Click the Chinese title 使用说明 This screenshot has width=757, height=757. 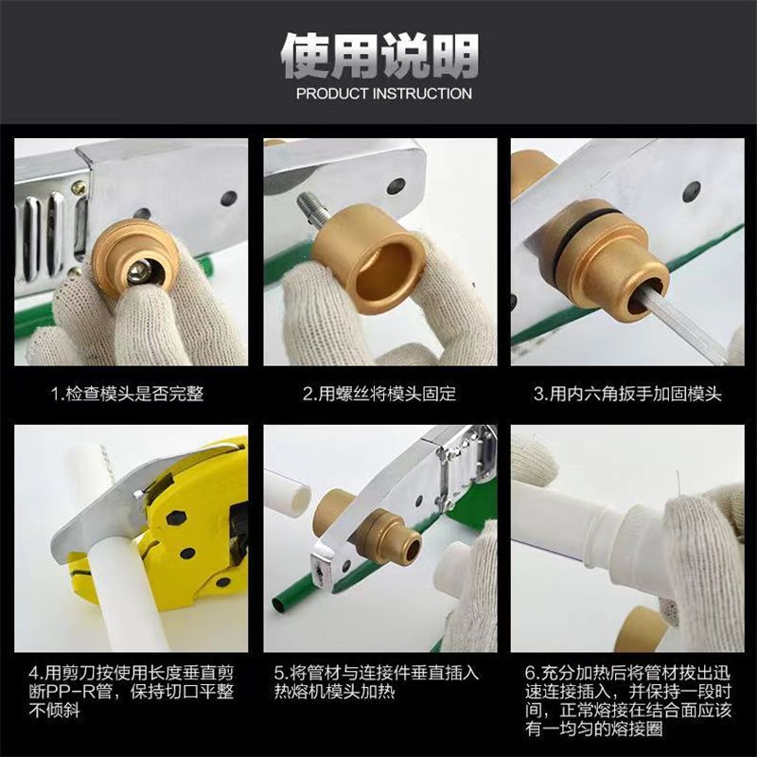(x=378, y=55)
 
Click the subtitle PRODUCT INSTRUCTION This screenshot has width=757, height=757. (x=383, y=94)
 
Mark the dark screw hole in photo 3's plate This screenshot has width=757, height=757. (x=692, y=190)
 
